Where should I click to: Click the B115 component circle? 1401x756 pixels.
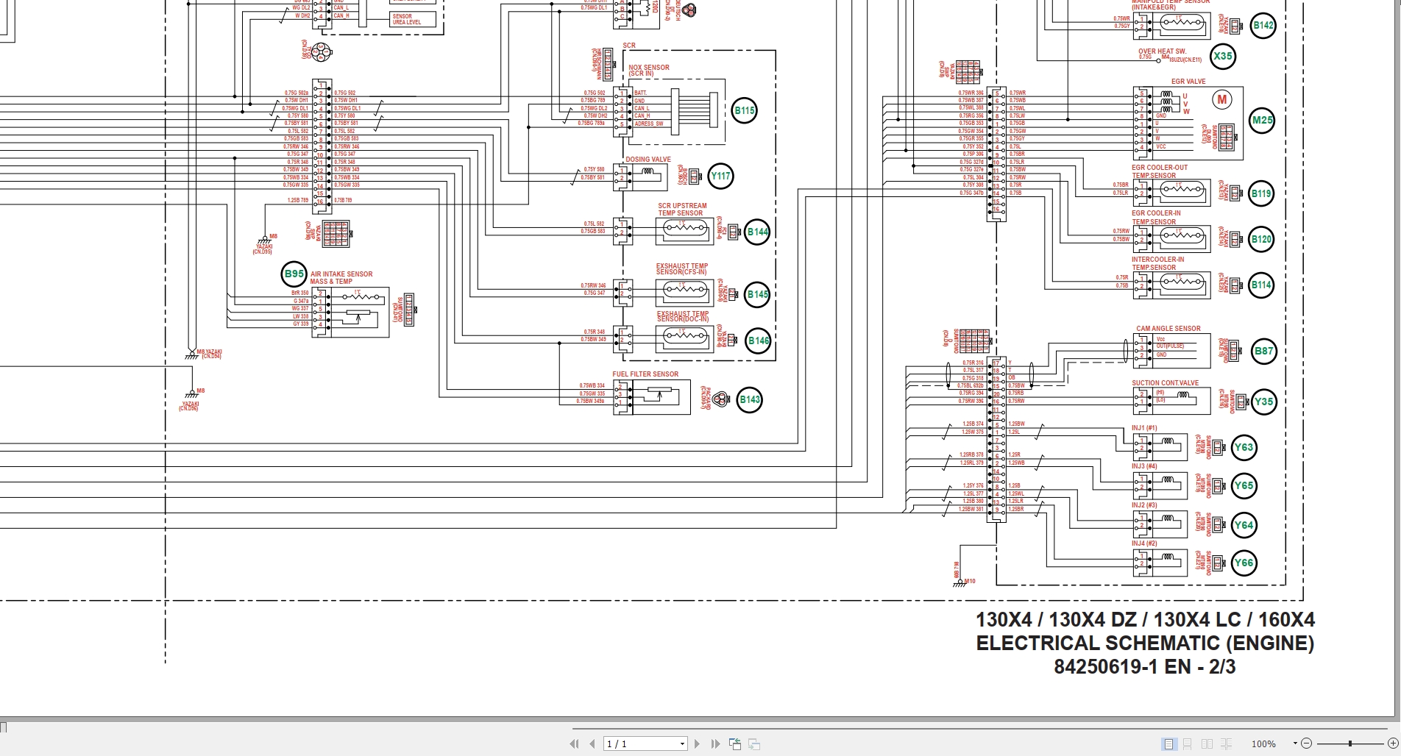tap(745, 111)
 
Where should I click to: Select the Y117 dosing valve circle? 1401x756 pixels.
tap(720, 176)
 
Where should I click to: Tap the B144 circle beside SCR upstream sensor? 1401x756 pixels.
tap(757, 232)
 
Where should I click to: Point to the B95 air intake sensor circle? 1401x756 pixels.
tap(294, 274)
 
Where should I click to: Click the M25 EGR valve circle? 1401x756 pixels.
tap(1263, 121)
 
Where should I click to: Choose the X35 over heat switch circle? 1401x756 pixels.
tap(1223, 56)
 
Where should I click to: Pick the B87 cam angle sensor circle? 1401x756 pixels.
tap(1263, 351)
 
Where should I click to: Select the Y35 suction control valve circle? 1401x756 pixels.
tap(1263, 402)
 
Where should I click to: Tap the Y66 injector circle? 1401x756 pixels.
tap(1244, 563)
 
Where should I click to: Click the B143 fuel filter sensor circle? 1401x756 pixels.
tap(750, 400)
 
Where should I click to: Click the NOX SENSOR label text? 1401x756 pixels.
tap(648, 68)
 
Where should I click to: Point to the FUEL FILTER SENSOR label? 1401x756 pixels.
tap(645, 374)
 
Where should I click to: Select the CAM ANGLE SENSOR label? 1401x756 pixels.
tap(1168, 329)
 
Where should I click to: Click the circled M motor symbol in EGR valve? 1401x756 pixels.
tap(1222, 100)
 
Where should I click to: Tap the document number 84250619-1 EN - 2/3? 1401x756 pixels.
tap(1144, 667)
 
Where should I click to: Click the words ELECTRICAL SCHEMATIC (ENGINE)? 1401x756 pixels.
tap(1144, 643)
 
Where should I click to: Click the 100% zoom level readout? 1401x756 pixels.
tap(1263, 744)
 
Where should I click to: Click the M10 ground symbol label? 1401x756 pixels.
tap(969, 582)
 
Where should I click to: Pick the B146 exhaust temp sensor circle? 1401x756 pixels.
tap(758, 340)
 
